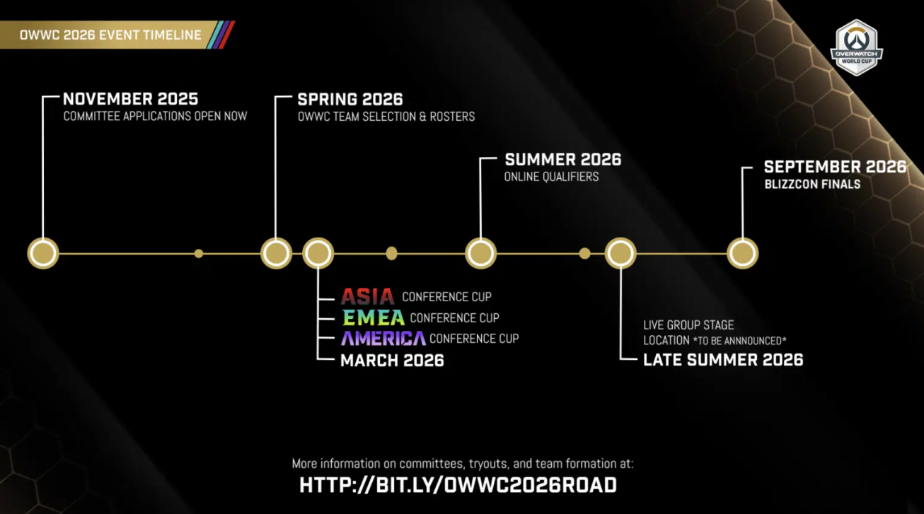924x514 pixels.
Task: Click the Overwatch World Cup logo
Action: tap(856, 47)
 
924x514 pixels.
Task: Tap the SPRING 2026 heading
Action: tap(350, 99)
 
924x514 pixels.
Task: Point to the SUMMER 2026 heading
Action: tap(562, 159)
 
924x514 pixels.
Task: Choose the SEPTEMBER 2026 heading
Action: tap(835, 167)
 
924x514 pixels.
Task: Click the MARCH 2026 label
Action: tap(392, 360)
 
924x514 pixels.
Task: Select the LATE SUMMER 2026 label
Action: tap(723, 359)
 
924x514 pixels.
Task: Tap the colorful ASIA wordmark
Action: tap(367, 296)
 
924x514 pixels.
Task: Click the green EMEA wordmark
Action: tap(373, 317)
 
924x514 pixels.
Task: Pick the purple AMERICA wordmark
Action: tap(383, 338)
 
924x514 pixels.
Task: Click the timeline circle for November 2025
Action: tap(43, 253)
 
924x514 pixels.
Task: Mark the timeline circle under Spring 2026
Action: tap(276, 253)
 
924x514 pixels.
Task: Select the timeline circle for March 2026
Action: tap(318, 253)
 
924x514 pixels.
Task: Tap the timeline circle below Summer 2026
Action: tap(480, 253)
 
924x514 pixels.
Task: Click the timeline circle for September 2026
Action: tap(742, 253)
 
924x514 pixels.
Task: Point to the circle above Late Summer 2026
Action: tap(620, 253)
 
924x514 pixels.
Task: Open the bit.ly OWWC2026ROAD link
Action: tap(458, 485)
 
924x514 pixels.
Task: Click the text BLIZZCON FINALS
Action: tap(812, 185)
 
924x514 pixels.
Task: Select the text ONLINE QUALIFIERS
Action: tap(551, 177)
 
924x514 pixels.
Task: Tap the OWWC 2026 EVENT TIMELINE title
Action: tap(110, 35)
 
